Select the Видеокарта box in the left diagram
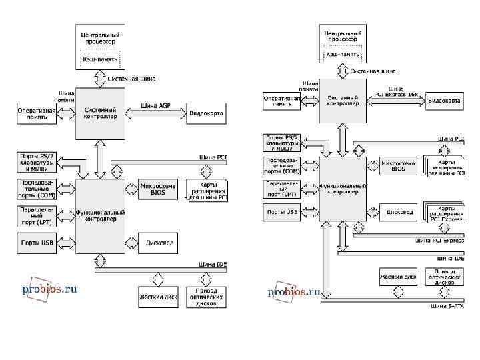(x=207, y=114)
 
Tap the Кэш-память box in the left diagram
(x=101, y=59)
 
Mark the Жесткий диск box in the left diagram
(x=158, y=296)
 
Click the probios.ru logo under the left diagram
(x=50, y=289)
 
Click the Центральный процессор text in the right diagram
(x=343, y=35)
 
